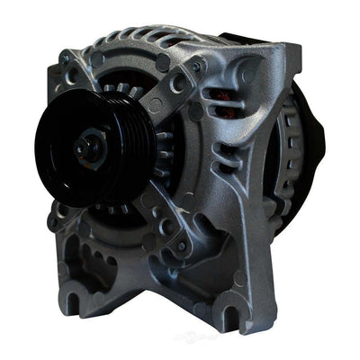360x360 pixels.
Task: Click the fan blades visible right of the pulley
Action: click(162, 148)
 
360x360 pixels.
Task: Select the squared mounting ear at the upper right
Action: click(274, 63)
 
